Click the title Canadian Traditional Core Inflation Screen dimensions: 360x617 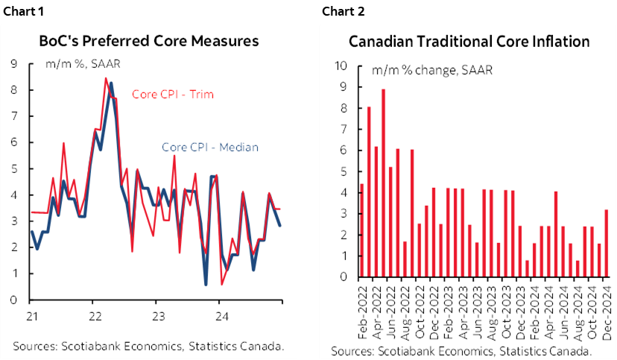469,40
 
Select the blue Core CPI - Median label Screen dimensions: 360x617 209,147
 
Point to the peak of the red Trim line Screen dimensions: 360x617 105,78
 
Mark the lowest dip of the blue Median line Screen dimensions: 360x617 206,284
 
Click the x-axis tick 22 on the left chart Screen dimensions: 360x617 92,315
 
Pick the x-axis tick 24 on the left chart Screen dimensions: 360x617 218,315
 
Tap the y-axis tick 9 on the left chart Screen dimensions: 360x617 14,64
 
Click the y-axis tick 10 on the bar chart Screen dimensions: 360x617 342,66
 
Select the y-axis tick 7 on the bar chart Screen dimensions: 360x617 344,129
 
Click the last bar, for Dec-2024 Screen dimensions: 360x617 606,243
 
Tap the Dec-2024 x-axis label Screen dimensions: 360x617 607,304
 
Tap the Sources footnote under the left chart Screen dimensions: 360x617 148,346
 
